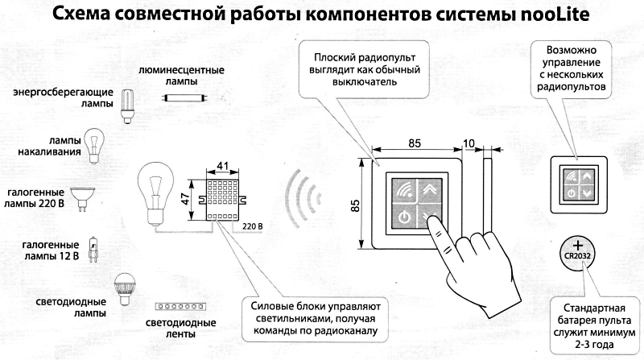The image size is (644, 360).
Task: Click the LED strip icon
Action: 177,307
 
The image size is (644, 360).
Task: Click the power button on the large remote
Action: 402,217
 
